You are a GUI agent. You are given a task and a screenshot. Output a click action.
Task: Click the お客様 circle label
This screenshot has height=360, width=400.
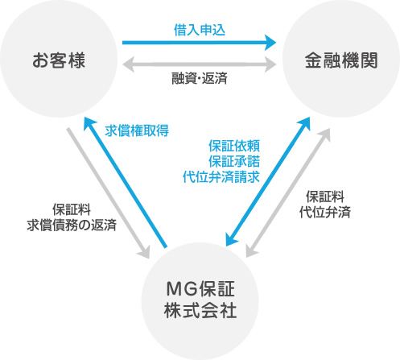point(59,60)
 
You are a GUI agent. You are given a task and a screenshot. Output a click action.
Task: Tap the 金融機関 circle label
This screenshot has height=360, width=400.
point(341,60)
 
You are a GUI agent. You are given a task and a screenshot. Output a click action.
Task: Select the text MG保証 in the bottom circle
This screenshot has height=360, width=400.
point(200,289)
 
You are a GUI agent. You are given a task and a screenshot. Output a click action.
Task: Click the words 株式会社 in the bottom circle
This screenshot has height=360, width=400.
point(200,310)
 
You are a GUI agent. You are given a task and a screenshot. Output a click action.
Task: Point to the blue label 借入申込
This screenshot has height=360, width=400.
point(200,30)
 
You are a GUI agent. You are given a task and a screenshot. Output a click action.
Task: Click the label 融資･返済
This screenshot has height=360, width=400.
point(200,78)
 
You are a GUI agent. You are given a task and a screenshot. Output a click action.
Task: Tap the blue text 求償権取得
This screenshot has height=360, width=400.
point(137,130)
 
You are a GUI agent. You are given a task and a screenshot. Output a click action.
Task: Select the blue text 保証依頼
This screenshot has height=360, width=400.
point(234,146)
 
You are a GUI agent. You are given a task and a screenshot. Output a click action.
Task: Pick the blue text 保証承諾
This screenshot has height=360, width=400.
point(234,161)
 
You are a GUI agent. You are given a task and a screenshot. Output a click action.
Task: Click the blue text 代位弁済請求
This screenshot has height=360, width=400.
point(221,177)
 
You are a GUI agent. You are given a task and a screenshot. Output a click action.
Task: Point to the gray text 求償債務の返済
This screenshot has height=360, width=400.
point(72,225)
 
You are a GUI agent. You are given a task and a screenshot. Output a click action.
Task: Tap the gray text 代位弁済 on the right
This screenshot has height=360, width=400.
point(325,212)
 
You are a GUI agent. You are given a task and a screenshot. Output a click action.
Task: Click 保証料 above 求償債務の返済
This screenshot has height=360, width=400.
point(72,209)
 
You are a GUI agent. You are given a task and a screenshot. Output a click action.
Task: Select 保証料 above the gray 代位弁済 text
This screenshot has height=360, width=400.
point(325,197)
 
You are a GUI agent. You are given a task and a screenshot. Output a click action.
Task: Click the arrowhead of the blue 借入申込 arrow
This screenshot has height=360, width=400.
point(270,43)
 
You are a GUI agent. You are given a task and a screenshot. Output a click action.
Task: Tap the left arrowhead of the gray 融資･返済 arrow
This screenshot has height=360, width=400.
point(128,64)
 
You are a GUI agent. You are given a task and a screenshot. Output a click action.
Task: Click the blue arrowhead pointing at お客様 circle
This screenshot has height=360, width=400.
point(89,123)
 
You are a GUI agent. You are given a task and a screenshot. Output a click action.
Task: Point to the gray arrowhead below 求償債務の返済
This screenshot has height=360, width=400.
point(144,252)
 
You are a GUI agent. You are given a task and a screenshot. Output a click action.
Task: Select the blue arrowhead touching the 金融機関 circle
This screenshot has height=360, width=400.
point(305,123)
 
